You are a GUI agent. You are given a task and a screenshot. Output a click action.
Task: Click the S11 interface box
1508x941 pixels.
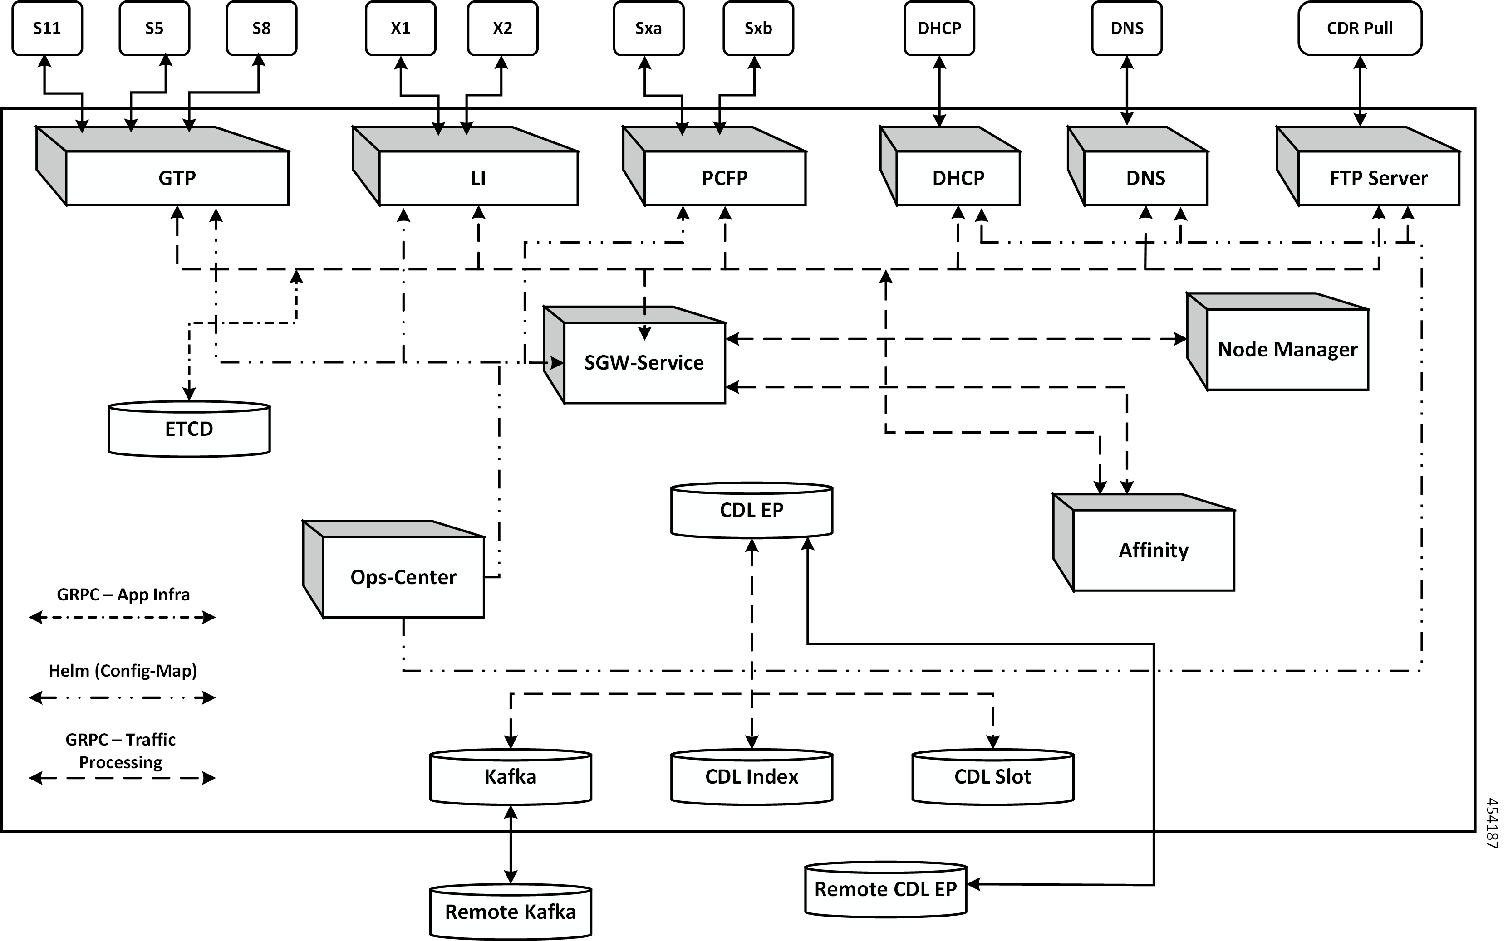click(x=47, y=29)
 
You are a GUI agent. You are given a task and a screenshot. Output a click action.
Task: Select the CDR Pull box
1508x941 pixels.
click(x=1360, y=29)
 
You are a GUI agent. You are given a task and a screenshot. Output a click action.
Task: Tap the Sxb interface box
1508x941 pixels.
click(x=758, y=29)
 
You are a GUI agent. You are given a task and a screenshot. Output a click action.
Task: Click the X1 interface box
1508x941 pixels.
click(x=400, y=29)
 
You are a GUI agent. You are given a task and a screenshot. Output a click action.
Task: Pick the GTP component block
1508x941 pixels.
click(x=177, y=178)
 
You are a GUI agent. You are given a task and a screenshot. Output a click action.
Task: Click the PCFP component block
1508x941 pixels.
click(x=724, y=178)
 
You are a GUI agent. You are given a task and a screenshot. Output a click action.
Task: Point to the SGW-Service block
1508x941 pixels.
click(x=644, y=362)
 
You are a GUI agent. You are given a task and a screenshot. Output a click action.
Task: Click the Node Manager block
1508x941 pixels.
click(x=1287, y=349)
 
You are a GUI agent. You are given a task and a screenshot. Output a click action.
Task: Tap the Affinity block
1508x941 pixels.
click(x=1153, y=550)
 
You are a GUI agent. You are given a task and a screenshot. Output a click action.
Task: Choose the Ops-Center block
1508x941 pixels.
click(x=403, y=577)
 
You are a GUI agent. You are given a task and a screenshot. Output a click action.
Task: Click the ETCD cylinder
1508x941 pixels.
click(x=189, y=429)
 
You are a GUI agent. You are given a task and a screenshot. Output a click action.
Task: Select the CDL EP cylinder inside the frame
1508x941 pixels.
click(x=752, y=510)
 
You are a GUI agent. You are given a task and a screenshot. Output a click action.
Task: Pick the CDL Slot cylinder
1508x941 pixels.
click(x=992, y=777)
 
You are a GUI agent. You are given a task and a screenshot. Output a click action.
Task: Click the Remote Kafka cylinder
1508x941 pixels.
click(x=510, y=912)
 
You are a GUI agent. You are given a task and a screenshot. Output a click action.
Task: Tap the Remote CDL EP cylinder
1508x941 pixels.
click(x=885, y=889)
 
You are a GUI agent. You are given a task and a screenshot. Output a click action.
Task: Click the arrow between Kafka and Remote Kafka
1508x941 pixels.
click(x=511, y=844)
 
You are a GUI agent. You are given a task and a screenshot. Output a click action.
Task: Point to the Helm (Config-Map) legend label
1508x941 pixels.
click(x=123, y=671)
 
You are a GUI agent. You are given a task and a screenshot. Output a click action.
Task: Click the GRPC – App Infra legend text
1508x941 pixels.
click(x=123, y=595)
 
